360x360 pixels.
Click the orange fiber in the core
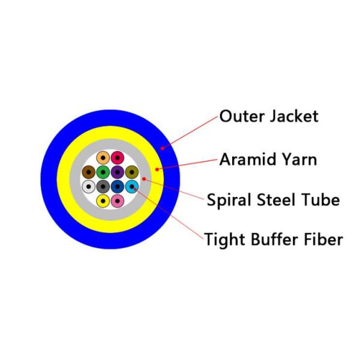[x=103, y=158]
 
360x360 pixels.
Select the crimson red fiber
[x=118, y=158]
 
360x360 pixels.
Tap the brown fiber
[x=89, y=172]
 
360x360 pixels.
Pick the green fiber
[x=103, y=172]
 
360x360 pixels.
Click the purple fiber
[x=118, y=172]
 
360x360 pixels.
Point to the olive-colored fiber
[x=132, y=172]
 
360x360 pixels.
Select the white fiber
[x=89, y=187]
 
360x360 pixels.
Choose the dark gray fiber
[x=103, y=187]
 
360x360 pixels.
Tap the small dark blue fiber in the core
[x=118, y=187]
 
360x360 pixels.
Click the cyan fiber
[x=132, y=187]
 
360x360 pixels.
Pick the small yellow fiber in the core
[x=103, y=201]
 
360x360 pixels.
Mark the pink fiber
[x=118, y=201]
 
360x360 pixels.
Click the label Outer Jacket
[x=269, y=116]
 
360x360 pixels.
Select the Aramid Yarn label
[x=268, y=160]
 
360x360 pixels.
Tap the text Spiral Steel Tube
[x=273, y=200]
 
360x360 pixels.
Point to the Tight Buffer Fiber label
[x=274, y=239]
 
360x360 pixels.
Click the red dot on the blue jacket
[x=163, y=148]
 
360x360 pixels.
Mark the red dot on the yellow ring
[x=157, y=169]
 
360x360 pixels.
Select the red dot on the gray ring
[x=144, y=179]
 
